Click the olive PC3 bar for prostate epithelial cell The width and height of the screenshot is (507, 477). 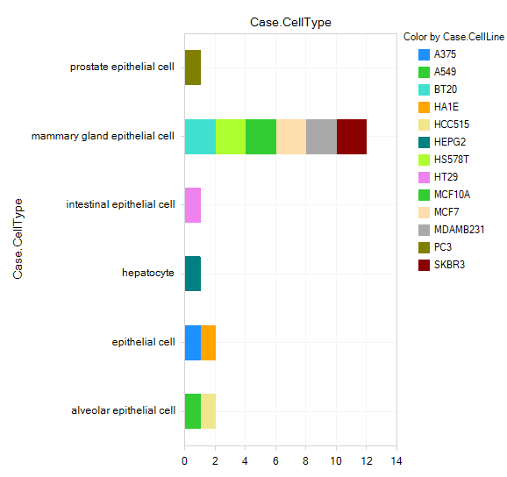click(193, 68)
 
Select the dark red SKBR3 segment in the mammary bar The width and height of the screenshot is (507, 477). click(352, 137)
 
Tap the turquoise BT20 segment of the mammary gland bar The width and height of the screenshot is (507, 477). click(200, 137)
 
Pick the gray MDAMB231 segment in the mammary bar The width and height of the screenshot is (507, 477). click(321, 137)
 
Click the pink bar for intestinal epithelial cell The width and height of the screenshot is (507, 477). click(193, 205)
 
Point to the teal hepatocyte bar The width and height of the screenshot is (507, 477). click(193, 274)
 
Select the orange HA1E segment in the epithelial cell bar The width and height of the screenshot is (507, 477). click(208, 343)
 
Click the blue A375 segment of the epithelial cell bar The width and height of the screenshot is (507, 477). click(193, 343)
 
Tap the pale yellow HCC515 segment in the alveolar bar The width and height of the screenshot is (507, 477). click(208, 411)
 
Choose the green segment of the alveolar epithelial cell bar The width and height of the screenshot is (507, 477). click(193, 411)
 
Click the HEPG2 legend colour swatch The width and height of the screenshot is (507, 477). click(424, 142)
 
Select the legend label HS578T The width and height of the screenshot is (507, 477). click(452, 160)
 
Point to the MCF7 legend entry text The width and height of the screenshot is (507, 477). click(446, 212)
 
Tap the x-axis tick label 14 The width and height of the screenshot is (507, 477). click(396, 461)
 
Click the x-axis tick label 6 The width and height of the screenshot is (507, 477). click(275, 461)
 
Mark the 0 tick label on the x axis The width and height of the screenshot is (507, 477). click(184, 461)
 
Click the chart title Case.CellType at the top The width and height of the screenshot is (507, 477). click(290, 22)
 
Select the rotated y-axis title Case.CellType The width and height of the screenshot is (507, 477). click(18, 238)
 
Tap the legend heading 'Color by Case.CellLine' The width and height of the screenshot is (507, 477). click(454, 37)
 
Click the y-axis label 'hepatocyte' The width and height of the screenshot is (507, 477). click(148, 273)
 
